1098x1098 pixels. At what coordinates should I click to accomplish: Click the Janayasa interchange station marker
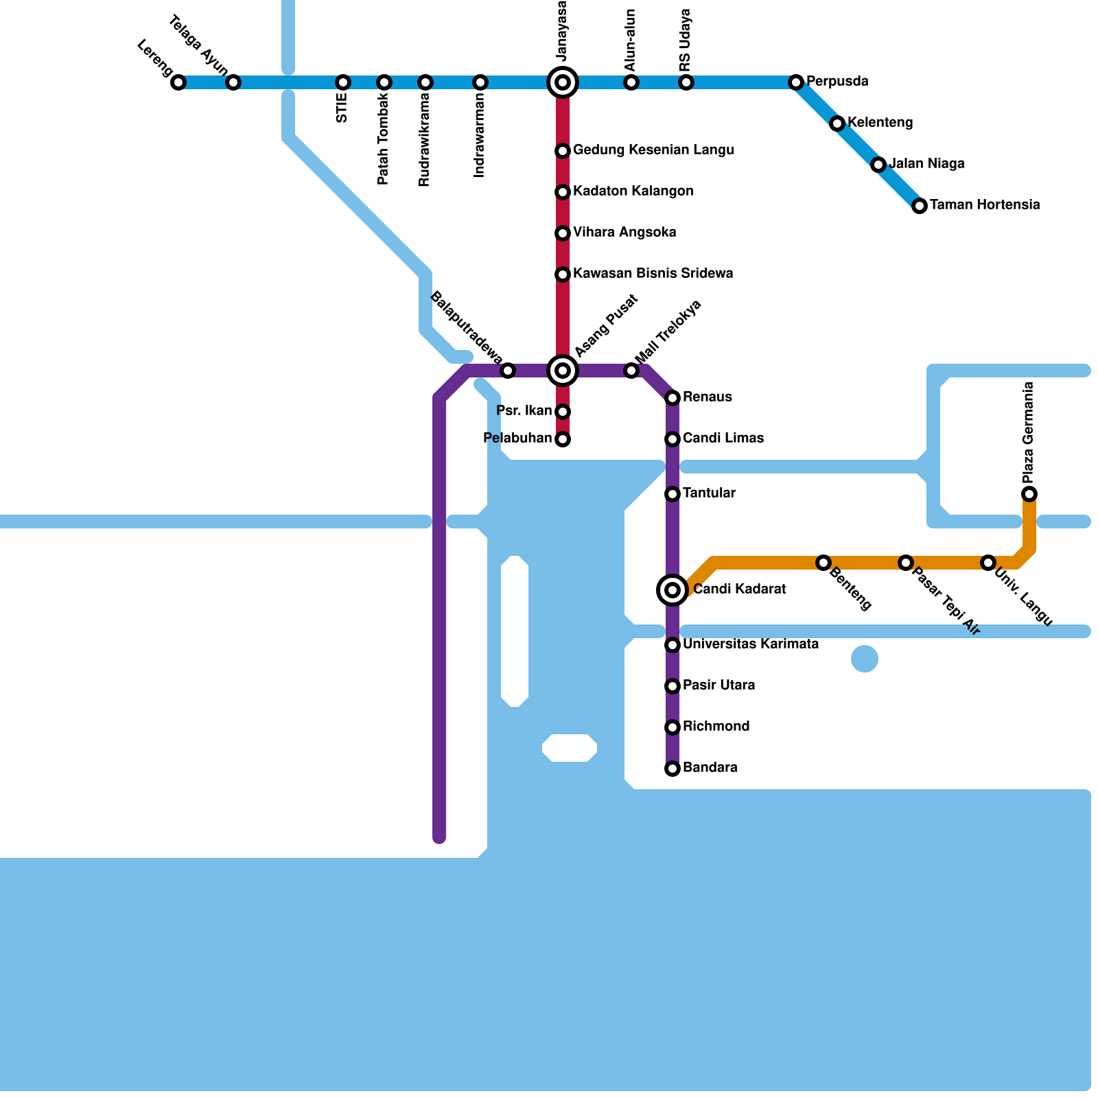point(563,82)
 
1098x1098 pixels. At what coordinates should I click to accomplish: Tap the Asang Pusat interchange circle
point(563,371)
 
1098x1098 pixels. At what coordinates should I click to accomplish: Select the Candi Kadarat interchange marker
point(673,590)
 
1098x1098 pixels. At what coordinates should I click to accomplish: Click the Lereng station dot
point(178,82)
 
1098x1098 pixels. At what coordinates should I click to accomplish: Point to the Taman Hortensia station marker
point(920,206)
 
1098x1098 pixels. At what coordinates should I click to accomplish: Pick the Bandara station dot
point(673,769)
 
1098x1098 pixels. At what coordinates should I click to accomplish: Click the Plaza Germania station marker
point(1029,494)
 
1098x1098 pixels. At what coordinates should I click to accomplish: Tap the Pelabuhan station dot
point(563,439)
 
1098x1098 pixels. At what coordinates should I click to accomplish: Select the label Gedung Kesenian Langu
point(653,150)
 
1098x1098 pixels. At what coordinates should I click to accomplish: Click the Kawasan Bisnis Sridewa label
point(653,274)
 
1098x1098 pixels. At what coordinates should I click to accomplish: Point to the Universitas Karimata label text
point(751,644)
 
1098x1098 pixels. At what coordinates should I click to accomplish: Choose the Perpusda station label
point(837,82)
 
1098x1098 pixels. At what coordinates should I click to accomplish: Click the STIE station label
point(342,108)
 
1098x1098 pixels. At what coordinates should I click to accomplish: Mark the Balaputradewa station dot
point(508,371)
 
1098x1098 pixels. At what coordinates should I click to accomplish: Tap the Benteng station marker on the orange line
point(823,563)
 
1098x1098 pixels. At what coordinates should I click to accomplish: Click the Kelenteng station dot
point(837,124)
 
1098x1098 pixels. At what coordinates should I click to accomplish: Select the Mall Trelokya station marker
point(631,371)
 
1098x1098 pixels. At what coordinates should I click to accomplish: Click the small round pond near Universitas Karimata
point(865,659)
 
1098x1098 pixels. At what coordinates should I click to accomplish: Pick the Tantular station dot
point(673,494)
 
